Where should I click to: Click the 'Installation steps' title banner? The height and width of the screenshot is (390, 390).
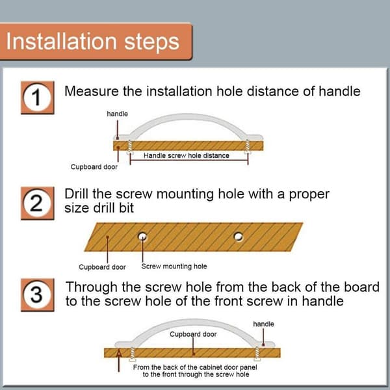click(96, 42)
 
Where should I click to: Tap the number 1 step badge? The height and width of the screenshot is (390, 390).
click(37, 97)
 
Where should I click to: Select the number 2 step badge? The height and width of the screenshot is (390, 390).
click(37, 203)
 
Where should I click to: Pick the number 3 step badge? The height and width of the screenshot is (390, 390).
click(37, 295)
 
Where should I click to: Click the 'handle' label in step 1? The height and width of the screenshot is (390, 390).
click(118, 114)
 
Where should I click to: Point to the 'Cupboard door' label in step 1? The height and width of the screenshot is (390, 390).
click(94, 167)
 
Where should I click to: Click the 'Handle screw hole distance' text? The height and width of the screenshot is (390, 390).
click(187, 156)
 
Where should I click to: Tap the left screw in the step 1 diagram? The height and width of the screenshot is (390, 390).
click(129, 147)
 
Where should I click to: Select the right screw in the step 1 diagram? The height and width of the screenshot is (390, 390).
click(247, 147)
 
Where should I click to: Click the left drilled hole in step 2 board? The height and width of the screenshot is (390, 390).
click(142, 237)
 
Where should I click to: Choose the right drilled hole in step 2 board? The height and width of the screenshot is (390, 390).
click(239, 237)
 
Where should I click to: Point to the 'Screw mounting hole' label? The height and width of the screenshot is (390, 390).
click(174, 266)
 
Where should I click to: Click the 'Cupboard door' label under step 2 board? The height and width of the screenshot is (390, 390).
click(102, 267)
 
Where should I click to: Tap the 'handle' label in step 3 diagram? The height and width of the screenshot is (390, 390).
click(264, 324)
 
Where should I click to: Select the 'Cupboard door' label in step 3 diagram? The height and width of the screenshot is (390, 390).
click(193, 334)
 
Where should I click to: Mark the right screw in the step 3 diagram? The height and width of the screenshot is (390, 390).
click(257, 354)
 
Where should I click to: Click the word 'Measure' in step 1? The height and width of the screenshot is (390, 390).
click(92, 91)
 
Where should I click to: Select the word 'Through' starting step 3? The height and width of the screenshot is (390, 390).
click(91, 288)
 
